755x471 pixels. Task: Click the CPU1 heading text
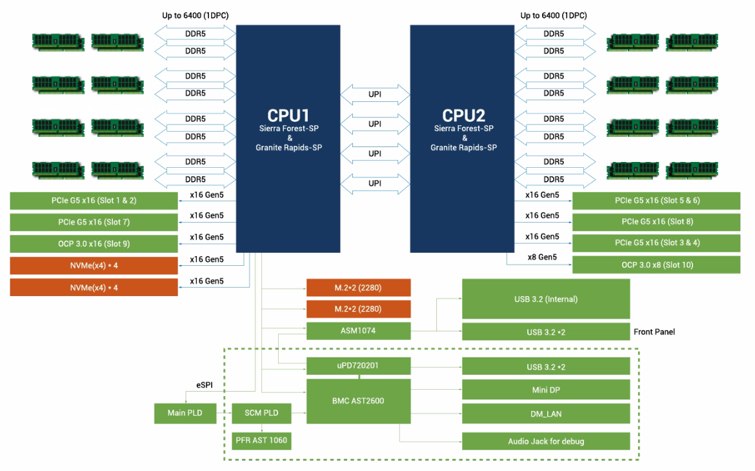tap(288, 115)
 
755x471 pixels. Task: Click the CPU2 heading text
tap(463, 115)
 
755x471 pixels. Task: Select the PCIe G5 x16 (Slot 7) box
tap(94, 222)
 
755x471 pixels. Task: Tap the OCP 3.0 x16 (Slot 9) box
tap(94, 244)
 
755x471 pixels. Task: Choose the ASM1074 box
tap(358, 332)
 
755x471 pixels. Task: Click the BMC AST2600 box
tap(358, 401)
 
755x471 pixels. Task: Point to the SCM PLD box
tap(261, 413)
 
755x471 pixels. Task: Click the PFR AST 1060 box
tap(261, 441)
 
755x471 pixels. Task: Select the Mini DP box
tap(546, 390)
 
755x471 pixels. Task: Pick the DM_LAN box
tap(546, 414)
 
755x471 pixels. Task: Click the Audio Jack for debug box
tap(546, 441)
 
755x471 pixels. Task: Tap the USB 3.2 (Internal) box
tap(546, 299)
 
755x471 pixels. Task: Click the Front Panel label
tap(654, 332)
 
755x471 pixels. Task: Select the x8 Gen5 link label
tap(542, 257)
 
